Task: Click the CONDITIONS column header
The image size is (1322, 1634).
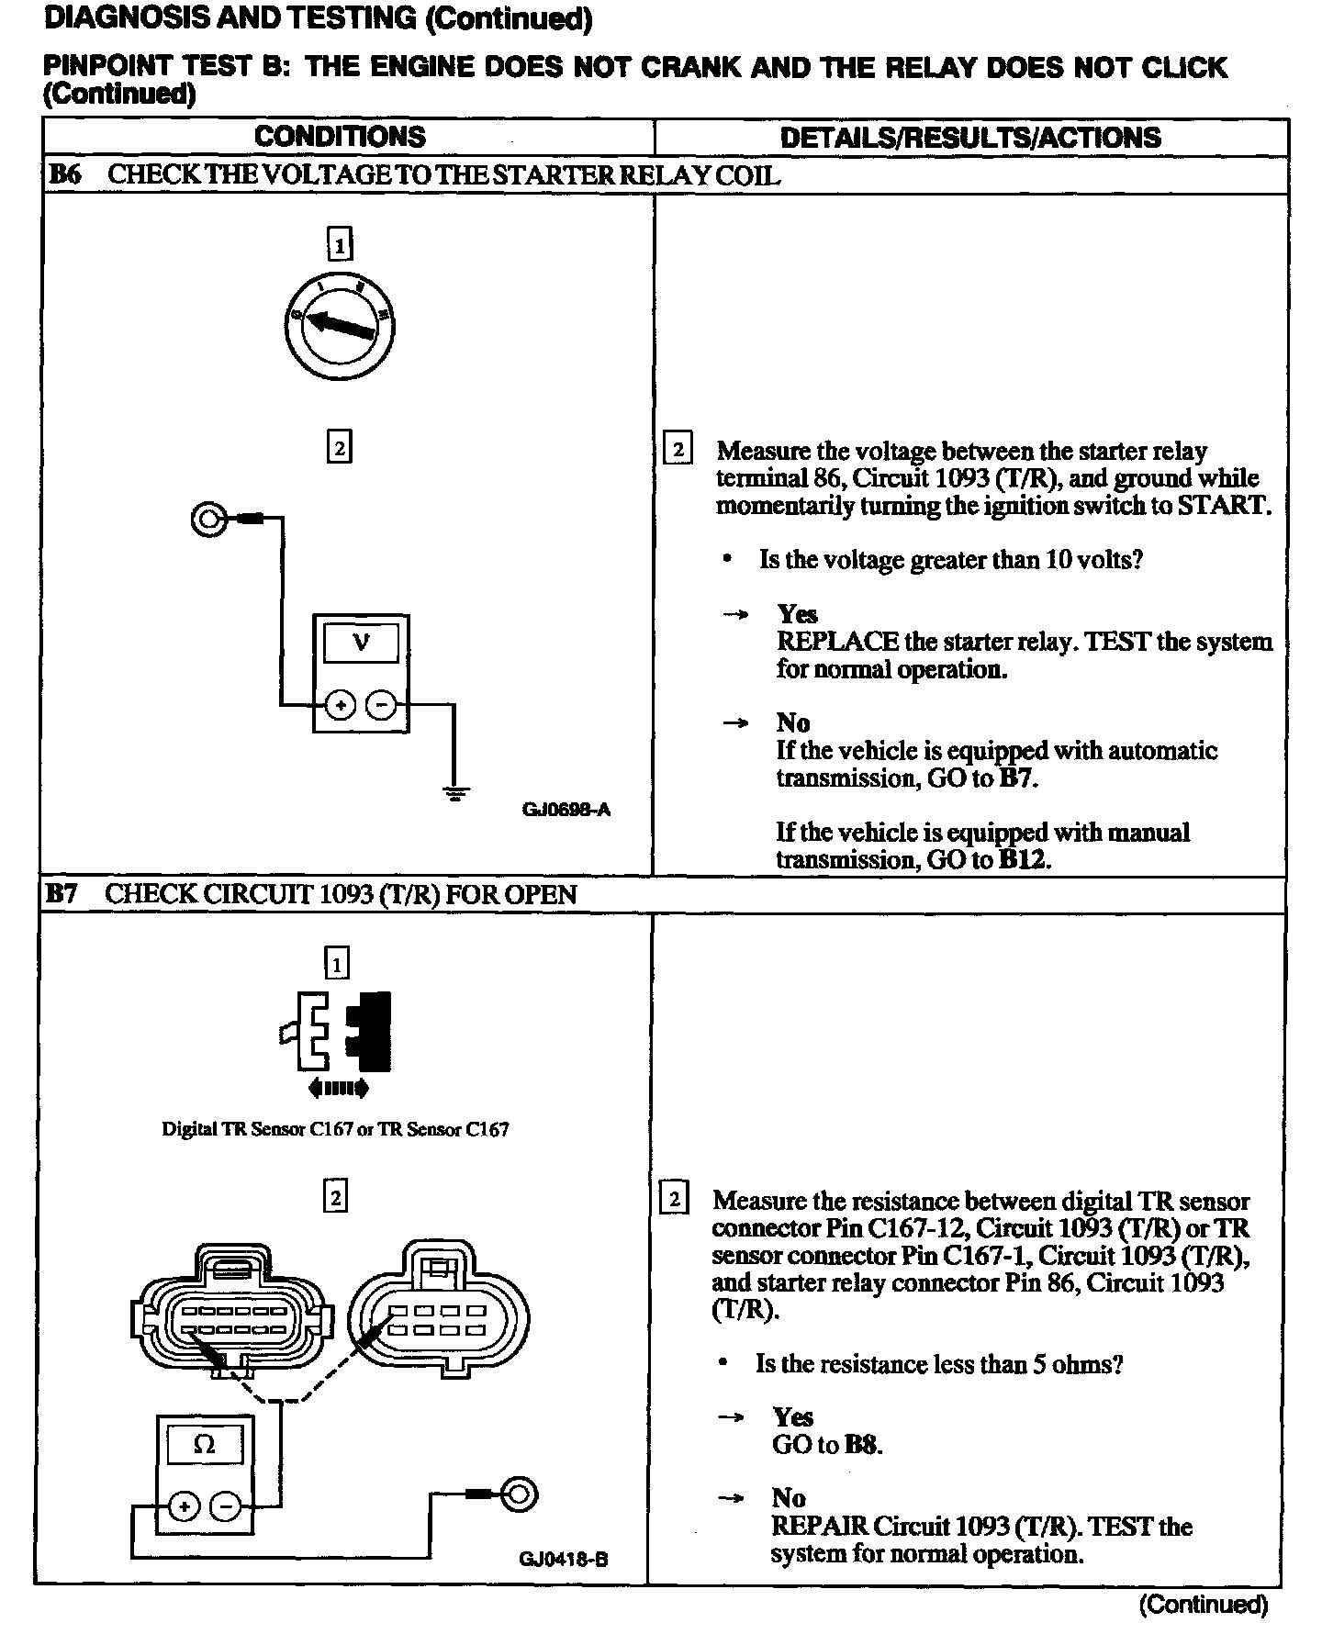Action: pyautogui.click(x=340, y=137)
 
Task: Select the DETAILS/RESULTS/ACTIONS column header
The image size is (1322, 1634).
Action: pyautogui.click(x=969, y=138)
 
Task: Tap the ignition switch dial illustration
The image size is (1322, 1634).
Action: pyautogui.click(x=339, y=325)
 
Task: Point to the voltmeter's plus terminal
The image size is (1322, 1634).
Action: pyautogui.click(x=341, y=706)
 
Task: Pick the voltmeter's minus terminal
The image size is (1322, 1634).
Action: pyautogui.click(x=382, y=706)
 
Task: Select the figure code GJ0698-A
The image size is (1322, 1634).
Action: pyautogui.click(x=566, y=810)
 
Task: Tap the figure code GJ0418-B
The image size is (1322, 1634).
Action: pyautogui.click(x=564, y=1559)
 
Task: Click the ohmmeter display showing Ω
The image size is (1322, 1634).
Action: pyautogui.click(x=205, y=1444)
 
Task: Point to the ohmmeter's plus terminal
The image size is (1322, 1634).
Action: pyautogui.click(x=184, y=1506)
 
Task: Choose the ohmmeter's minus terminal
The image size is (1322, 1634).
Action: pyautogui.click(x=225, y=1506)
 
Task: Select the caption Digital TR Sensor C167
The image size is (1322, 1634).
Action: pyautogui.click(x=335, y=1129)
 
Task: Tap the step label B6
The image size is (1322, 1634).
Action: pyautogui.click(x=64, y=175)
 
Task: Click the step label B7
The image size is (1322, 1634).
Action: pyautogui.click(x=62, y=894)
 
